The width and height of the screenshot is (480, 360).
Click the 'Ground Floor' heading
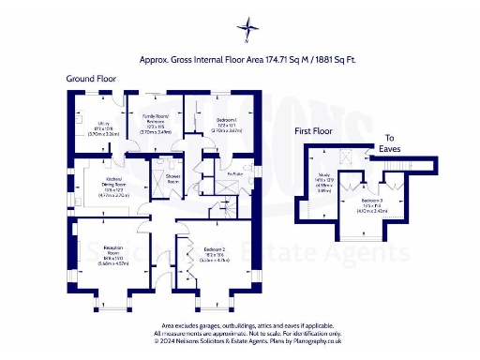92,79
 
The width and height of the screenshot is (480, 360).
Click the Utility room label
92,122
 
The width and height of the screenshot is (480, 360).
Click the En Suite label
235,173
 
